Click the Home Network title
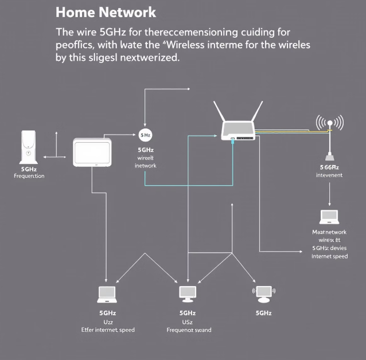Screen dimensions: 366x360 coord(106,11)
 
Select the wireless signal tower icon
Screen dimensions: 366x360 coord(330,138)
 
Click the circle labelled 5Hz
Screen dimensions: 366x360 coord(145,135)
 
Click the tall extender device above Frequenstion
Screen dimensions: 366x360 coord(28,147)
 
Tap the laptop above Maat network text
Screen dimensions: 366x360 coord(329,217)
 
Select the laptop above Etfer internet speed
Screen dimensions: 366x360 coord(107,294)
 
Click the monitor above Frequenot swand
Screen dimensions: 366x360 coord(188,294)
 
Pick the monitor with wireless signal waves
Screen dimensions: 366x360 coord(264,294)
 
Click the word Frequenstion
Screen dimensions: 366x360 coord(29,176)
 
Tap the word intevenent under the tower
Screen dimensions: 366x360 coord(329,175)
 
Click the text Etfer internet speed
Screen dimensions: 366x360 coord(108,330)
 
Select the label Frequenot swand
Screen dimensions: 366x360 coord(189,330)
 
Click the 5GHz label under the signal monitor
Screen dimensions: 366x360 coord(263,313)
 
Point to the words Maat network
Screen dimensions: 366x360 coord(329,232)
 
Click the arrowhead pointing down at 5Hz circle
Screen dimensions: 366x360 coord(145,125)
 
